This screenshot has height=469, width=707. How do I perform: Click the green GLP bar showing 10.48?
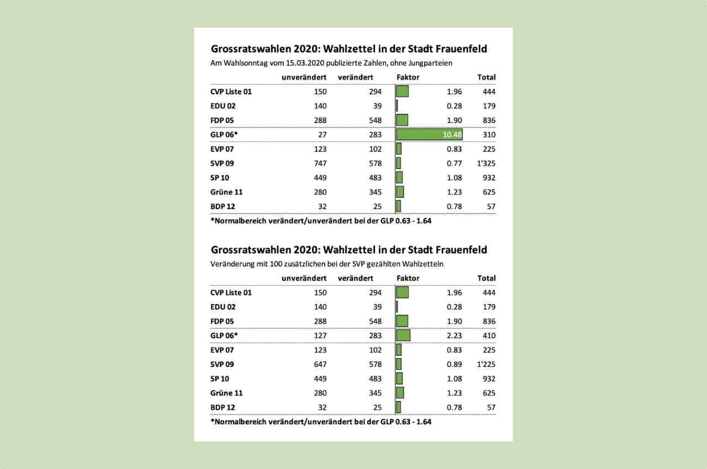429,135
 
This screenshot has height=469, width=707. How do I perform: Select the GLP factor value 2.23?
455,335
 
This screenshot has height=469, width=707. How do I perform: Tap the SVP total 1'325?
486,163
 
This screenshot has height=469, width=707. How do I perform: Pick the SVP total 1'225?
486,364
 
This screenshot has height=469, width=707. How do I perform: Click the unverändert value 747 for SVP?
320,163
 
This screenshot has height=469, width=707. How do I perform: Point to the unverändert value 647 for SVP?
320,364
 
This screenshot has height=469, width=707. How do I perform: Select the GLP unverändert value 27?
322,135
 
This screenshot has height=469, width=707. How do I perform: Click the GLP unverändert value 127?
320,335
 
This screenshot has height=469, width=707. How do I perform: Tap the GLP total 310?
488,135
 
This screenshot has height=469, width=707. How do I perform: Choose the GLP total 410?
488,335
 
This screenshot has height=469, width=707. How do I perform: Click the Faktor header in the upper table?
408,77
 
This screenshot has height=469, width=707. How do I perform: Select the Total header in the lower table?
487,278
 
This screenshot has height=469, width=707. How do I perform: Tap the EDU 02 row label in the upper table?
223,106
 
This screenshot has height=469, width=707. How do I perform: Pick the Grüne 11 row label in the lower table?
226,393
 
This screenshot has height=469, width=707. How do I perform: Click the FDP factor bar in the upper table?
403,120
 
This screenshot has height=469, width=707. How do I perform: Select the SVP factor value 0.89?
455,364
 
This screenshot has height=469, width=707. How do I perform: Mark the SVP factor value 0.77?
455,163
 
